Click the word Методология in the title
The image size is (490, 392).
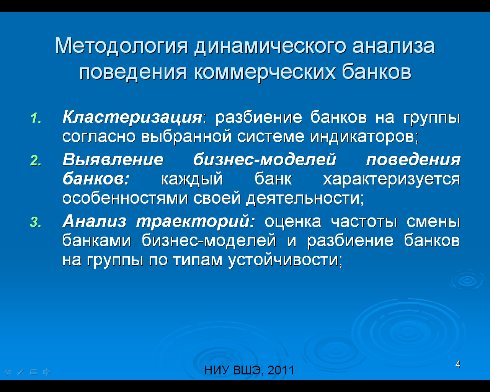[121, 46]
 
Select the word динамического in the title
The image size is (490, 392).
[270, 46]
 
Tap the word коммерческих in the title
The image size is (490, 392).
[265, 72]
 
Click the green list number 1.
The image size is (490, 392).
[36, 118]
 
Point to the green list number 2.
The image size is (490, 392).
[36, 160]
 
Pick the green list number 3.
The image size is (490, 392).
[36, 222]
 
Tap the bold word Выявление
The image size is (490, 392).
[113, 160]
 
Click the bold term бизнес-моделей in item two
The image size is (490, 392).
[265, 160]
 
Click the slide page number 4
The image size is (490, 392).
[458, 364]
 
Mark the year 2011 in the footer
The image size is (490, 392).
[281, 370]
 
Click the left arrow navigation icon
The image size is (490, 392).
[8, 372]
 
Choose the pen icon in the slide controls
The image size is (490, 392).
[21, 372]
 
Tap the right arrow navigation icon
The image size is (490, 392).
[47, 372]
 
